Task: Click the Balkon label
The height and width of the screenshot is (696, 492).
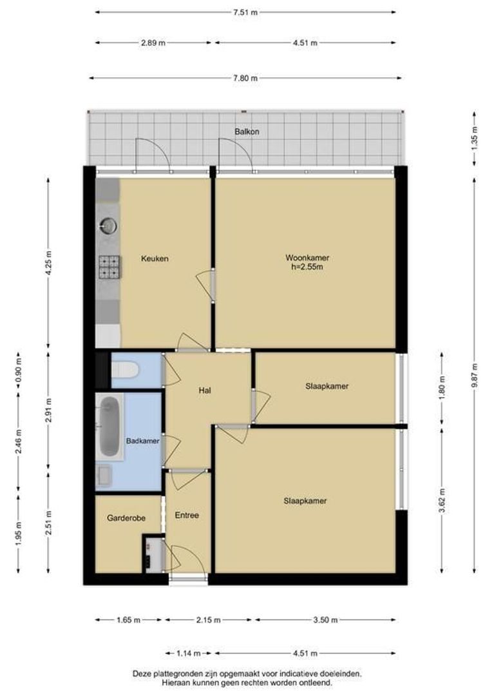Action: [247, 131]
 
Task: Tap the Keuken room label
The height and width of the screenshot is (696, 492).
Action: [155, 258]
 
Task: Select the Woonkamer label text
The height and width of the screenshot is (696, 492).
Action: [307, 257]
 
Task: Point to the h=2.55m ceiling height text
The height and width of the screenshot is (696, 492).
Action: [307, 267]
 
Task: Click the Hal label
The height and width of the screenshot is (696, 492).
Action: [205, 391]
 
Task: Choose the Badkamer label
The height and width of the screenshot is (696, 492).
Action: [142, 441]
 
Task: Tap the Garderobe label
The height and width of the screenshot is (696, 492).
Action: [126, 517]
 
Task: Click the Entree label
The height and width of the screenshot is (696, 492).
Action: [187, 516]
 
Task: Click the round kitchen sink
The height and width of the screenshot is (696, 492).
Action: [108, 226]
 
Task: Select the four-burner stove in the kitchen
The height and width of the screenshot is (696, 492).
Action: [109, 267]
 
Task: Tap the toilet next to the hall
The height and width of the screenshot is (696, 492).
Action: [126, 369]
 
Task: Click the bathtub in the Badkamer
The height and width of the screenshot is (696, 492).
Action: [109, 427]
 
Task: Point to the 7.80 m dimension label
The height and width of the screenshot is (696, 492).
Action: [245, 78]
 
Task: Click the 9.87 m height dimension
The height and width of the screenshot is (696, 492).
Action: [474, 376]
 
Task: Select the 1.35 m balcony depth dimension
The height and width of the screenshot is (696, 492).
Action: [474, 139]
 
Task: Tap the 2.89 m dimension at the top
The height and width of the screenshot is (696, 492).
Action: [153, 43]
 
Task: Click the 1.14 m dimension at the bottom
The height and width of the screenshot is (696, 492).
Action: [189, 653]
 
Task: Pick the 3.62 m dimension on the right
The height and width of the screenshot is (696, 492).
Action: [442, 500]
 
